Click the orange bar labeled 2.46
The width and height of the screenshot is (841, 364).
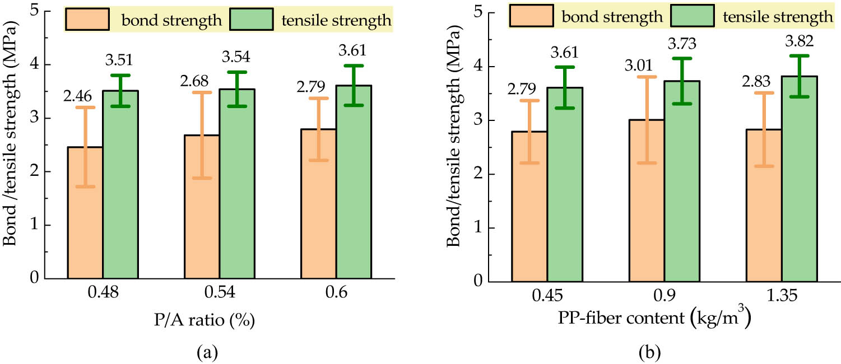[x=85, y=213]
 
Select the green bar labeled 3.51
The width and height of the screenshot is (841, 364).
[x=120, y=184]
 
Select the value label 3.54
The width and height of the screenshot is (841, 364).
[x=236, y=57]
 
